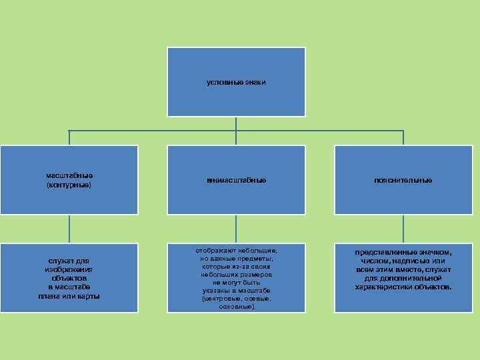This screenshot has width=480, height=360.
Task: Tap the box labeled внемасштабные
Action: [236, 180]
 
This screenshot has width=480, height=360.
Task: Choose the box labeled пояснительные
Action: [403, 180]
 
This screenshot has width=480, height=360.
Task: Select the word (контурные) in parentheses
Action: [69, 184]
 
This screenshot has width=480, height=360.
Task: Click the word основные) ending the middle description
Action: [235, 307]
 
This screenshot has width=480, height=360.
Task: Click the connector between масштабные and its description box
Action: [69, 229]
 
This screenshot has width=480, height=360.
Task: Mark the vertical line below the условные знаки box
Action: [236, 123]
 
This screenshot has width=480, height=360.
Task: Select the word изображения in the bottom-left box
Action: [69, 269]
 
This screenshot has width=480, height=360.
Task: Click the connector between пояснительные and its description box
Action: [403, 229]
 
